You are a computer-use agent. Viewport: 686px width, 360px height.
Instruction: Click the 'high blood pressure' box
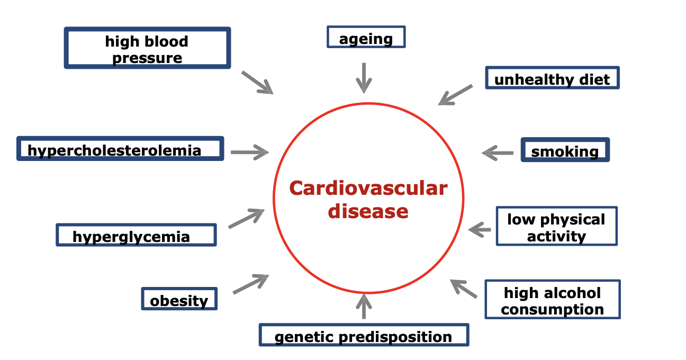point(147,48)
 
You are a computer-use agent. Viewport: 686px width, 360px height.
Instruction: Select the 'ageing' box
point(366,38)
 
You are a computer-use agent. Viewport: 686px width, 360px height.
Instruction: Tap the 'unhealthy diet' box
point(552,78)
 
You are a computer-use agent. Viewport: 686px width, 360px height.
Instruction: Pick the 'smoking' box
point(565,150)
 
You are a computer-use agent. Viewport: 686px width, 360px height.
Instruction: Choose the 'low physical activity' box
point(556,227)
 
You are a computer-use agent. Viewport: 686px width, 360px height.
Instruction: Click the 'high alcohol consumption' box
point(552,300)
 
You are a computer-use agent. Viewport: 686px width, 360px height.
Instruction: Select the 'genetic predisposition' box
point(364,335)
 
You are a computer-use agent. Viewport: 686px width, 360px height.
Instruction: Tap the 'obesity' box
point(179,299)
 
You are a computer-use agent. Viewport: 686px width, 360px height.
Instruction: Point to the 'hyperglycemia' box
point(136,235)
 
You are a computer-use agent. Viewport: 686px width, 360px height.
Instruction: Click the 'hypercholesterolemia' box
point(120,149)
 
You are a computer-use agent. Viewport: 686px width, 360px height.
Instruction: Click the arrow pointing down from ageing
point(364,77)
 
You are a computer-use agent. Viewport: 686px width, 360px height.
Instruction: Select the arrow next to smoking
point(498,153)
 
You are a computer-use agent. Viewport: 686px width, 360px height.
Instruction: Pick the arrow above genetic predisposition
point(364,307)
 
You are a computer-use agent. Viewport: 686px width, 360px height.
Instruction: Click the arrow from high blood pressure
point(257,83)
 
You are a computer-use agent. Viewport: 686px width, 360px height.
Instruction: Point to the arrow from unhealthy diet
point(455,95)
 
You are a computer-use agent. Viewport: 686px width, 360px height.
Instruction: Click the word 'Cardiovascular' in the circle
point(368,188)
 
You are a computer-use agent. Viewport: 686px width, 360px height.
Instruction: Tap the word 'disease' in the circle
point(368,211)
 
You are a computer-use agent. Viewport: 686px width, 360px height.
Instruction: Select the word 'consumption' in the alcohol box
point(552,309)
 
